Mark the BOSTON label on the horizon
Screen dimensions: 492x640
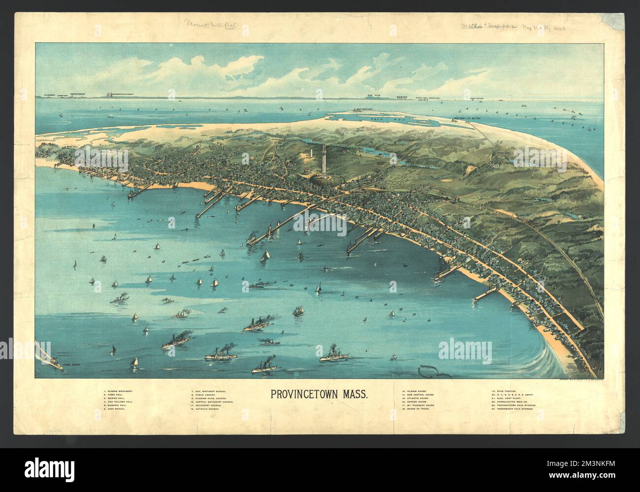pyautogui.click(x=402, y=98)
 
